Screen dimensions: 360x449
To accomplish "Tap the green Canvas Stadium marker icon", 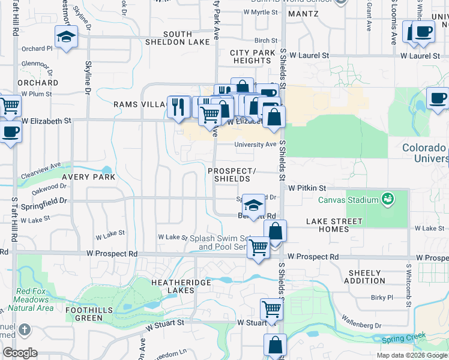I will [388, 199].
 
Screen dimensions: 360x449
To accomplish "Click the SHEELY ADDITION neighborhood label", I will [365, 277].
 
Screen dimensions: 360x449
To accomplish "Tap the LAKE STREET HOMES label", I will [334, 226].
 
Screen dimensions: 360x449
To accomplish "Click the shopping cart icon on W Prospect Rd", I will [258, 247].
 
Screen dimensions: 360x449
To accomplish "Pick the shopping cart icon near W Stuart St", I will [271, 310].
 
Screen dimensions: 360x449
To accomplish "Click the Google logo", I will [20, 353].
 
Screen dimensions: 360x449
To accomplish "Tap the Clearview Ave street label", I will [41, 168].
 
